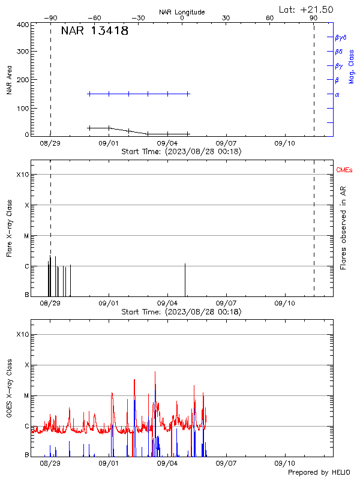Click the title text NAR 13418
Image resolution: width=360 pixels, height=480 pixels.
point(95,31)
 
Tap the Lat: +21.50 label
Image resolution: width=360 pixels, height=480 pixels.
point(306,9)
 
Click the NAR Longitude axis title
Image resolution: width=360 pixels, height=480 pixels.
point(182,12)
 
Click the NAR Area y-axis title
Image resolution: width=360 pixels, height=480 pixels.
point(10,80)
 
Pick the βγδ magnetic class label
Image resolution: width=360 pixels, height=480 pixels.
point(341,37)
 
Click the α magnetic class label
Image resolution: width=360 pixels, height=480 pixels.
point(337,94)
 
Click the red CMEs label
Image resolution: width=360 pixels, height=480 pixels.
point(346,171)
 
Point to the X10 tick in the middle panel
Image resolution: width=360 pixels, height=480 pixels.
point(22,175)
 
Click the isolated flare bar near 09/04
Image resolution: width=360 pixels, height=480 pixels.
point(185,280)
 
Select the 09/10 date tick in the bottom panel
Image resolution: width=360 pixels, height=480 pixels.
point(284,464)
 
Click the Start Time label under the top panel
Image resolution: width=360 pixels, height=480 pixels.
point(181,152)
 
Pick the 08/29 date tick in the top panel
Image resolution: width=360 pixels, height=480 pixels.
point(50,143)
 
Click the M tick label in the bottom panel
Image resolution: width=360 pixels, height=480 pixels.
point(26,395)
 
